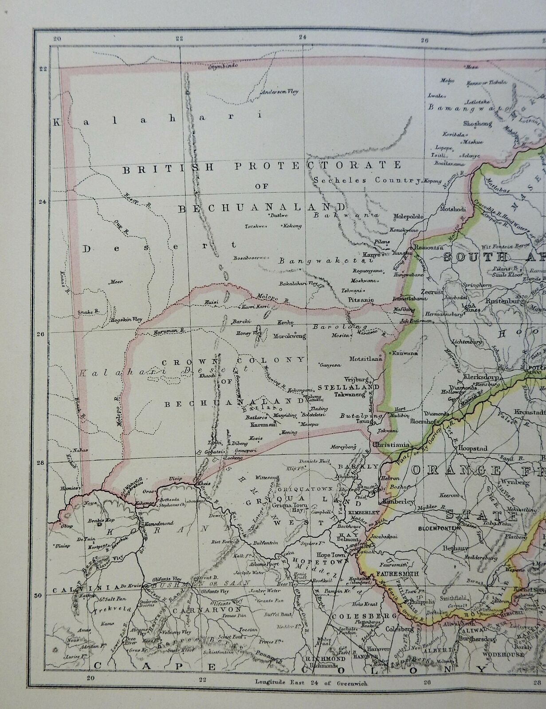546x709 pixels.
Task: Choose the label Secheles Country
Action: click(367, 180)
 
